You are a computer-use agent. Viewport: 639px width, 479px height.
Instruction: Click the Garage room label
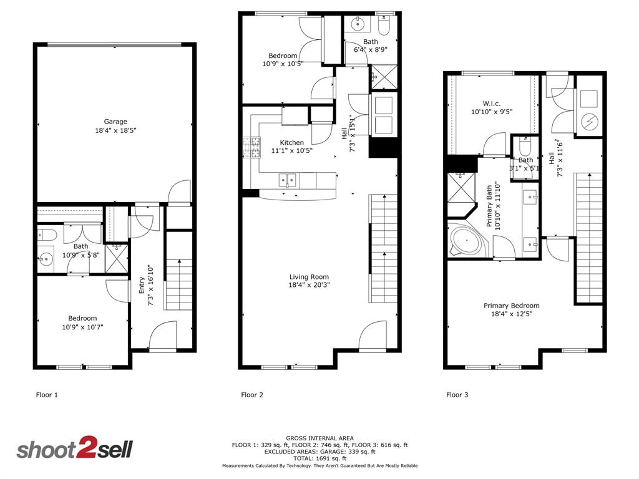coord(115,122)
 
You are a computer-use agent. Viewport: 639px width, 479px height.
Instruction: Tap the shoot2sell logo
coord(74,450)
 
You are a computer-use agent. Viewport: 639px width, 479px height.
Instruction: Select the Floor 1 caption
coord(47,395)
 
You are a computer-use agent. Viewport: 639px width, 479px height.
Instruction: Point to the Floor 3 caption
coord(457,395)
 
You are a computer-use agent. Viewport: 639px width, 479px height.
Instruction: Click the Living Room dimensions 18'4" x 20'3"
coord(309,285)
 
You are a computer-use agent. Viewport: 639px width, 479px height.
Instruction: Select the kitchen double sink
coord(288,181)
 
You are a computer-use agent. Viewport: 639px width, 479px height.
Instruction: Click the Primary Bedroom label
coord(512,306)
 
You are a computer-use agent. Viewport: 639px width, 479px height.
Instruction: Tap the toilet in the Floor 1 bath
coord(47,235)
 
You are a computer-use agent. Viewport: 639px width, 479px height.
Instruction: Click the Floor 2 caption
coord(252,395)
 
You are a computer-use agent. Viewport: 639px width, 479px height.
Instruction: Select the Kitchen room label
coord(291,143)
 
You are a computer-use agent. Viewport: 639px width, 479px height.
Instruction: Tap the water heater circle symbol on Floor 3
coord(588,122)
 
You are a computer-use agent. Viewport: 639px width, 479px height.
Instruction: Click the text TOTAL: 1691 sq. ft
coord(319,458)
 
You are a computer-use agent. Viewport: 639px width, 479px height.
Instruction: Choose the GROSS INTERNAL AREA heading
coord(319,438)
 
